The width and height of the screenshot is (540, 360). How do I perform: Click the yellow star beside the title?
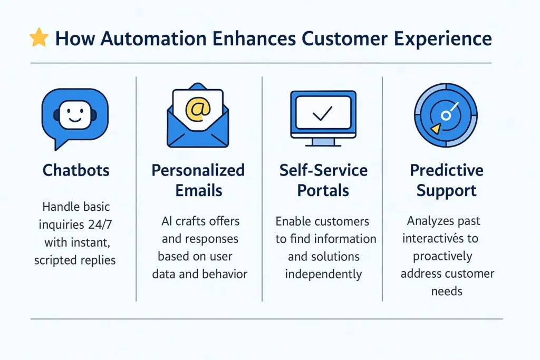coord(39,38)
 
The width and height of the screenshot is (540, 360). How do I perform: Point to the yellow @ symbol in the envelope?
coord(198,109)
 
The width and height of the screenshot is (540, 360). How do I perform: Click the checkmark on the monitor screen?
coord(322,112)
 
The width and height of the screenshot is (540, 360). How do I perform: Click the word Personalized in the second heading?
coord(198,170)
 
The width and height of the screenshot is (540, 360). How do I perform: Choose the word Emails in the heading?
coord(198,190)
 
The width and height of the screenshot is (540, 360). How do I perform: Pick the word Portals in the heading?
coord(323,190)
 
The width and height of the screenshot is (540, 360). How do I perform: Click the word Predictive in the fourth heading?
coord(446,170)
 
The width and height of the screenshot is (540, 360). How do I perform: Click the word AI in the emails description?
coord(167,221)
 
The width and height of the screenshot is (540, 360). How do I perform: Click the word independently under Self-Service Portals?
coord(324,274)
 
